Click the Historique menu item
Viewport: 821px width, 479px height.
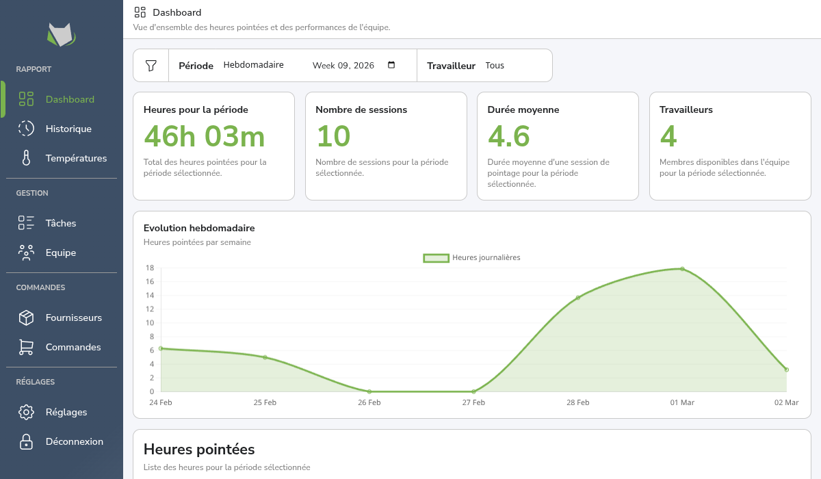[68, 129]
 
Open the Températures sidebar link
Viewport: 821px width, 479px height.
[76, 158]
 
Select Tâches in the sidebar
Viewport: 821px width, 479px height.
[61, 223]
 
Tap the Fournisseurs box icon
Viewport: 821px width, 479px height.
[26, 318]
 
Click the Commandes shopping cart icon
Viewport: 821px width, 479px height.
[26, 347]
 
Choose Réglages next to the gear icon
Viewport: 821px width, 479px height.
[66, 412]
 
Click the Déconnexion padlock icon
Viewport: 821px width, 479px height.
[26, 441]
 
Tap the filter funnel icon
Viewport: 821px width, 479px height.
[151, 66]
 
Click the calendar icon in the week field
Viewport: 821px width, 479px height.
[391, 65]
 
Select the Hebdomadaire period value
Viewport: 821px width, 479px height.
[253, 66]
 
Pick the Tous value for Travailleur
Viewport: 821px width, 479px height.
[495, 66]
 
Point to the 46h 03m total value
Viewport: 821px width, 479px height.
[205, 137]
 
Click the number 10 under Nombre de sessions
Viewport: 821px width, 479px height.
[333, 137]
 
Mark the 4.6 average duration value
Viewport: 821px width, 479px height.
[508, 137]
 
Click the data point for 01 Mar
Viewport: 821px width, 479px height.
[682, 269]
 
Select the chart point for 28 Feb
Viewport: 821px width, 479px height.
[578, 298]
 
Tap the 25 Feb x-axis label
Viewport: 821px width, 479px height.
[265, 402]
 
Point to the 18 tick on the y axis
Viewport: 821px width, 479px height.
[149, 268]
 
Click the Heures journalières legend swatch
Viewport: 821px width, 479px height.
[436, 258]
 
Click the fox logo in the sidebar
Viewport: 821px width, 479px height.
[61, 34]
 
